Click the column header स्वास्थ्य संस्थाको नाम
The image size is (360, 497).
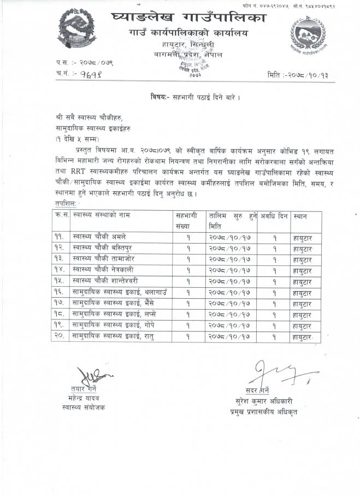pyautogui.click(x=103, y=216)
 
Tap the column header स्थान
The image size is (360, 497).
pyautogui.click(x=300, y=216)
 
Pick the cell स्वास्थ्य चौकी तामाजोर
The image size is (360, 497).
pyautogui.click(x=103, y=259)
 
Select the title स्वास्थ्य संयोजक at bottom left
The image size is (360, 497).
pyautogui.click(x=84, y=407)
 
